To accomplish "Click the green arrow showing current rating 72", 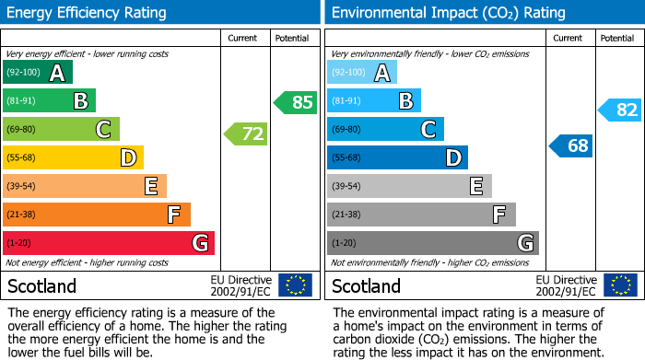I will pyautogui.click(x=246, y=134).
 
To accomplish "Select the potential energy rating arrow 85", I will pyautogui.click(x=296, y=102).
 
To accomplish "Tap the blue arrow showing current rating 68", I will pyautogui.click(x=571, y=145).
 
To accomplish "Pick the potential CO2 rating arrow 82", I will pyautogui.click(x=620, y=110).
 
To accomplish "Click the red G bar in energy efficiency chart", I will pyautogui.click(x=109, y=243).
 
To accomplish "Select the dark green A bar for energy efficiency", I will pyautogui.click(x=38, y=73).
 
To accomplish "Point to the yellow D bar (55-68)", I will pyautogui.click(x=73, y=158).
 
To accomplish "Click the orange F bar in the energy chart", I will pyautogui.click(x=97, y=215).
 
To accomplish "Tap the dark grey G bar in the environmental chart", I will pyautogui.click(x=432, y=243).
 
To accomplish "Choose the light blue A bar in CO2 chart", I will pyautogui.click(x=362, y=73).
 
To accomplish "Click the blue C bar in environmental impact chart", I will pyautogui.click(x=385, y=130).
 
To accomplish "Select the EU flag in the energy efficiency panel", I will pyautogui.click(x=296, y=285).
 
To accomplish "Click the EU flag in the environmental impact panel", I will pyautogui.click(x=620, y=285).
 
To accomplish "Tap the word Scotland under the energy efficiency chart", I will pyautogui.click(x=41, y=285).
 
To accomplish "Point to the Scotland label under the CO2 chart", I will pyautogui.click(x=366, y=285).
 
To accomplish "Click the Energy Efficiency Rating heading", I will pyautogui.click(x=88, y=13).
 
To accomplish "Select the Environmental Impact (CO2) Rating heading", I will pyautogui.click(x=448, y=13).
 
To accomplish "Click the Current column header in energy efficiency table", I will pyautogui.click(x=244, y=38).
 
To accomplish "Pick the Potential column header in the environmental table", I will pyautogui.click(x=617, y=38).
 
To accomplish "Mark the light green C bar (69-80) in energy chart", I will pyautogui.click(x=61, y=130).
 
